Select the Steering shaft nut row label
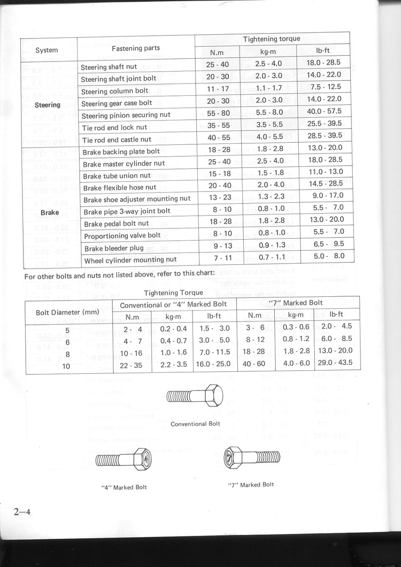click(x=109, y=67)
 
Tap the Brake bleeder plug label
click(x=114, y=248)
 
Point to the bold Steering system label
click(x=48, y=105)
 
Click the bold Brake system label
click(x=50, y=212)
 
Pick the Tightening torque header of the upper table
click(x=272, y=39)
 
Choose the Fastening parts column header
click(x=136, y=48)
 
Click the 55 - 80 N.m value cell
click(x=218, y=113)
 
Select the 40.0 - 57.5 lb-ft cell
click(x=324, y=111)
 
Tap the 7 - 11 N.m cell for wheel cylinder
click(x=219, y=257)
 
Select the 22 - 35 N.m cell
click(x=132, y=365)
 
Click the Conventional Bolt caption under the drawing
click(x=195, y=424)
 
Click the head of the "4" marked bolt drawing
click(x=143, y=459)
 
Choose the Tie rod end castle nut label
click(x=117, y=140)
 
